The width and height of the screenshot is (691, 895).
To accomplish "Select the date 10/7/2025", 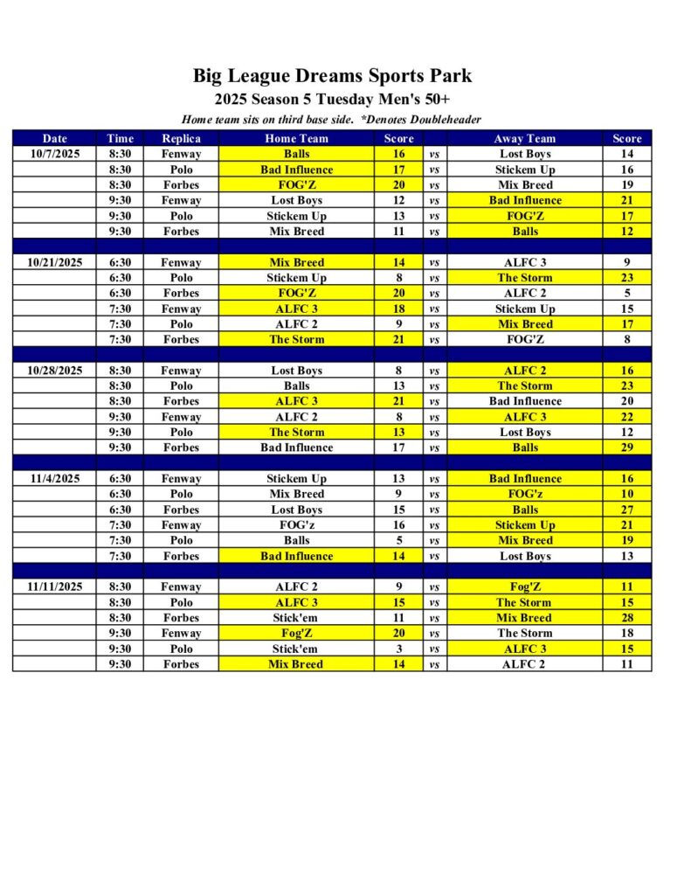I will [x=54, y=154].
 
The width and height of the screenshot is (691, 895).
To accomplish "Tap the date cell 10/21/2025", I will [x=54, y=262].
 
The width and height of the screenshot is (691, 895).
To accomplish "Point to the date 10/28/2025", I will [x=54, y=371].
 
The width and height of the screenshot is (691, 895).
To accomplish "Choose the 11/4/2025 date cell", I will [x=54, y=479].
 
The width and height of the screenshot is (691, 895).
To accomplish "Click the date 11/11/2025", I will [x=54, y=587].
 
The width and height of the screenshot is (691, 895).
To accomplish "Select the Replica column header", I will [x=181, y=138].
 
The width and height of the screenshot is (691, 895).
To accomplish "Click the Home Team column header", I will [x=296, y=138].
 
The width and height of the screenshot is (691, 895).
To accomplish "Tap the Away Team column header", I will [x=524, y=138].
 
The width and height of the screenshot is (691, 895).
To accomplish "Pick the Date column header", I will [x=54, y=138].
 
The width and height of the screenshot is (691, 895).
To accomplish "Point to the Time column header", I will [x=120, y=138].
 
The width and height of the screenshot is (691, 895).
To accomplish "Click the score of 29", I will [x=626, y=447].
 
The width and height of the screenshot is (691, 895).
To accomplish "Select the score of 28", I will [x=626, y=618].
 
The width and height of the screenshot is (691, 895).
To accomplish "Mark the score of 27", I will [x=626, y=510].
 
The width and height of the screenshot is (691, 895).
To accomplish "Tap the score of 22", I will [x=626, y=417].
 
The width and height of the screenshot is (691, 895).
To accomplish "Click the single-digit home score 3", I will [x=398, y=649].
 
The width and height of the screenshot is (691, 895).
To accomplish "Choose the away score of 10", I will [x=626, y=494].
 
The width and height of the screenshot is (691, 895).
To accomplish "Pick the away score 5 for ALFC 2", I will [x=626, y=294].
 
